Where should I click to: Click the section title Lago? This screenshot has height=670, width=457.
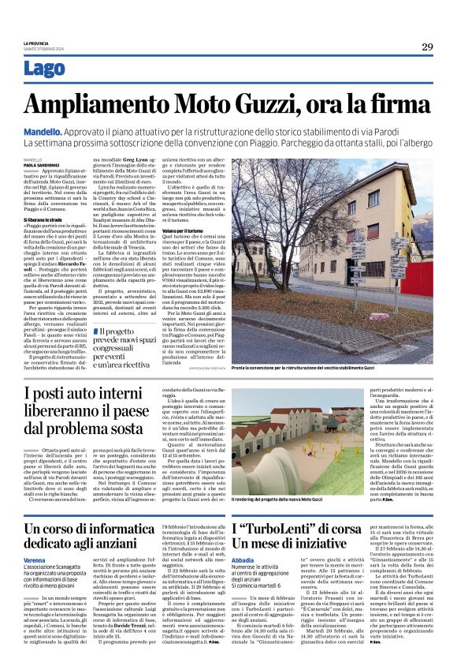coord(45,69)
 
